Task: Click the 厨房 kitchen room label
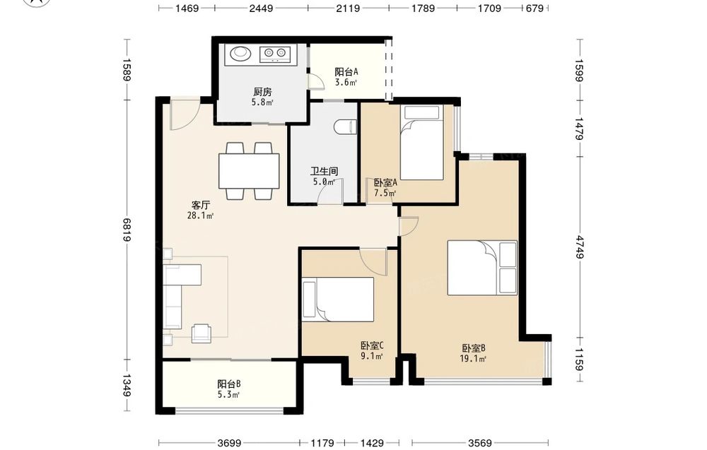point(262,92)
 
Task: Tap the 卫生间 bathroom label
point(324,171)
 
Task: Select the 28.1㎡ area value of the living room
point(200,215)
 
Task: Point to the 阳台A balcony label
point(346,71)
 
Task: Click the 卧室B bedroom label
point(473,348)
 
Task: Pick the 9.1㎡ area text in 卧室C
point(372,357)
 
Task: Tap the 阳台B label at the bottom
point(228,384)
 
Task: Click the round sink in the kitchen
point(240,53)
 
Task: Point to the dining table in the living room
point(248,171)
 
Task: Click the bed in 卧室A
point(422,142)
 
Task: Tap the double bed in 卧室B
point(482,268)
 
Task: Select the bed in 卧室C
point(338,299)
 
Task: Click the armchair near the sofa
point(201,333)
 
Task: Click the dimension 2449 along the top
point(261,8)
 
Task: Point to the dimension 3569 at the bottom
point(480,443)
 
